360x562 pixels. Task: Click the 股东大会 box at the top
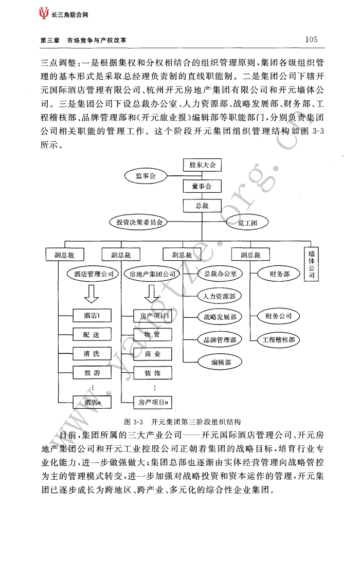[x=202, y=165]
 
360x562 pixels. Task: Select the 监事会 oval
[x=146, y=176]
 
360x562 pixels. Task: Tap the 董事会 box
[x=202, y=186]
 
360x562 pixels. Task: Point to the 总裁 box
[x=202, y=205]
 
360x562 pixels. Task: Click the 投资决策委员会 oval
[x=139, y=222]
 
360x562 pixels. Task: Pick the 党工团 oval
[x=247, y=223]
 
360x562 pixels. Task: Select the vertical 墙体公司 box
[x=311, y=264]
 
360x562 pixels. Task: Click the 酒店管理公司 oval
[x=93, y=274]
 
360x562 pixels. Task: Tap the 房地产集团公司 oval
[x=153, y=274]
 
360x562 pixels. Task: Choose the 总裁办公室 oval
[x=220, y=274]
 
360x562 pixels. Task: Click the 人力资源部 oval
[x=219, y=296]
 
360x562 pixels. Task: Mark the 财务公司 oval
[x=278, y=316]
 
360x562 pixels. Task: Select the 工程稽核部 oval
[x=278, y=339]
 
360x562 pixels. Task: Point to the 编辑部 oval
[x=221, y=362]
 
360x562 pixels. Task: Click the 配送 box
[x=92, y=335]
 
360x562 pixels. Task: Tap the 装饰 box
[x=153, y=373]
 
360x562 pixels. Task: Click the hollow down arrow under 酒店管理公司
[x=92, y=295]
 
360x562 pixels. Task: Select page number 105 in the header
[x=311, y=40]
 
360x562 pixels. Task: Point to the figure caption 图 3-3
[x=133, y=422]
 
